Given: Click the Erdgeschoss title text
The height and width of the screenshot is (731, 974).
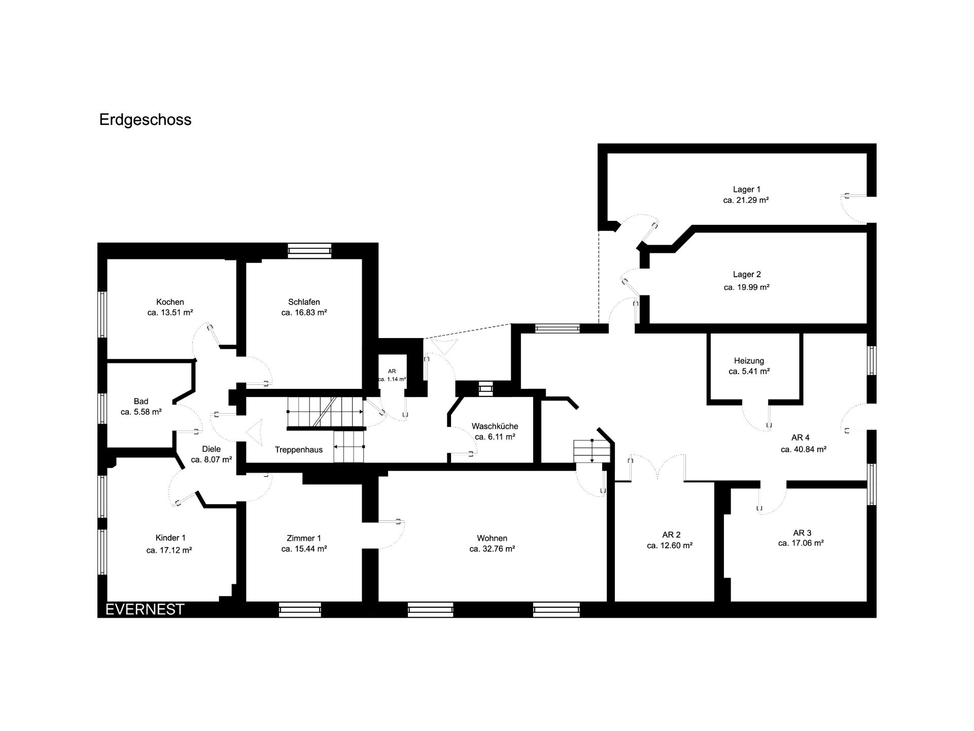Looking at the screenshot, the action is tap(146, 120).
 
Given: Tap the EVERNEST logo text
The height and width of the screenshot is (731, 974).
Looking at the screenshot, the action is tap(145, 609).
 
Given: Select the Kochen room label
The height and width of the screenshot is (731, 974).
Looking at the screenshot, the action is tap(170, 302).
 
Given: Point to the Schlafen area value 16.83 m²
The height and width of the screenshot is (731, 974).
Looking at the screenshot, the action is tap(304, 313).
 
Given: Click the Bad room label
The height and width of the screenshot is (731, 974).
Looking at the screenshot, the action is tap(141, 401).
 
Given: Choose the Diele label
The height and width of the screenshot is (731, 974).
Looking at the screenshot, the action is tap(211, 449).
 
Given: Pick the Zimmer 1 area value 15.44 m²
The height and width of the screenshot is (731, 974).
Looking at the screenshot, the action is tap(304, 549).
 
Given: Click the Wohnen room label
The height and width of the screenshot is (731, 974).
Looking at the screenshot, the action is tap(492, 538).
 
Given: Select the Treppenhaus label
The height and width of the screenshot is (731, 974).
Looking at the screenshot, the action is tap(299, 450).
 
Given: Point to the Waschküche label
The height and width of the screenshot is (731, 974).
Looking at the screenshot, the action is tap(495, 426).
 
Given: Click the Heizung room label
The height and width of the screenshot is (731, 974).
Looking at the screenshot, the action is tap(749, 361).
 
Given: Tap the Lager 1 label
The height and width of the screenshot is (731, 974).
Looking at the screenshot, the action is tap(746, 189).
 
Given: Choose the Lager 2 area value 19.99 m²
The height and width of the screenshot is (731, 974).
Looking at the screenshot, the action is tap(747, 287).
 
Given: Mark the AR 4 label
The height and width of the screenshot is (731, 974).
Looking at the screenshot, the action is tap(801, 437).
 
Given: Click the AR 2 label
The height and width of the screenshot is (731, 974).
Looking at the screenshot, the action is tap(671, 535).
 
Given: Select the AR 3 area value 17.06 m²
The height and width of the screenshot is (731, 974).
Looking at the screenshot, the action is tap(801, 543).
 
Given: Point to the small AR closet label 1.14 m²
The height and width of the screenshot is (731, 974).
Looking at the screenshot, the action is tap(392, 379).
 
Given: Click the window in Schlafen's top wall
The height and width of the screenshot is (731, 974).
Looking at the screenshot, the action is tap(309, 250).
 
